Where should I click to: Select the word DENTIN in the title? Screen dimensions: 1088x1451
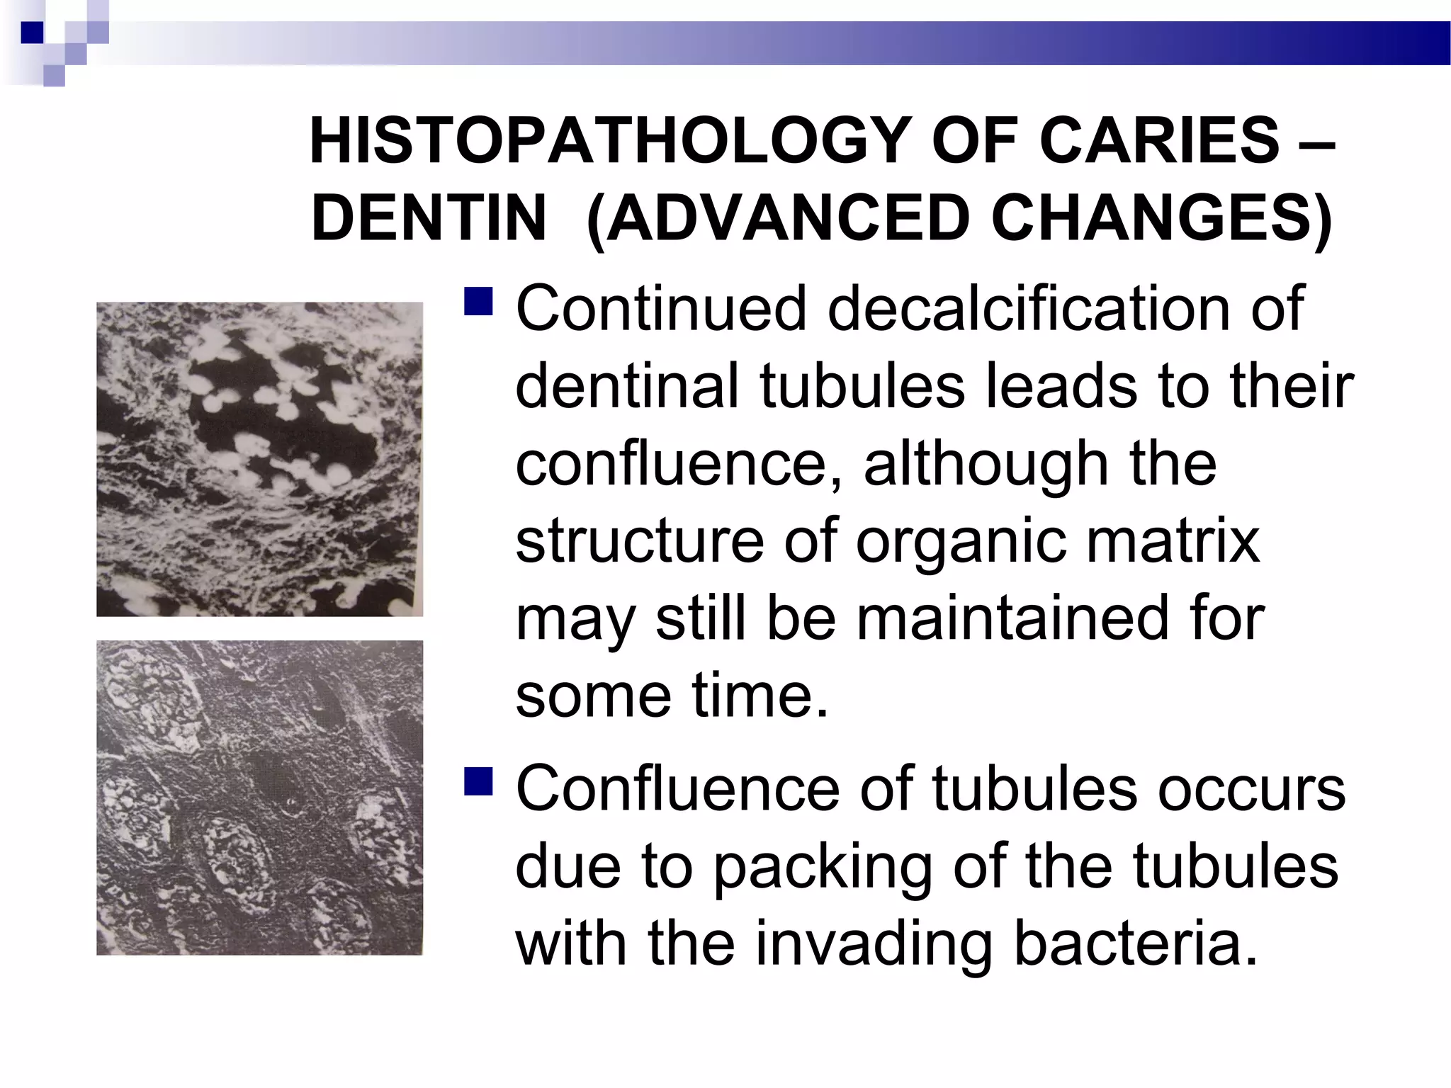click(x=429, y=218)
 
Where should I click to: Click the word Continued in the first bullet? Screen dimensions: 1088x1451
click(x=661, y=308)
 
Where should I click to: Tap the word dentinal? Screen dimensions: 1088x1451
click(x=626, y=386)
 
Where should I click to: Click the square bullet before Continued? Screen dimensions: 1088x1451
click(x=478, y=300)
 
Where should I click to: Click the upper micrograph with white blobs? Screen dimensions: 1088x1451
click(x=259, y=459)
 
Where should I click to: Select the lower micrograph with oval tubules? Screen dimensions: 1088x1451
click(x=259, y=798)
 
